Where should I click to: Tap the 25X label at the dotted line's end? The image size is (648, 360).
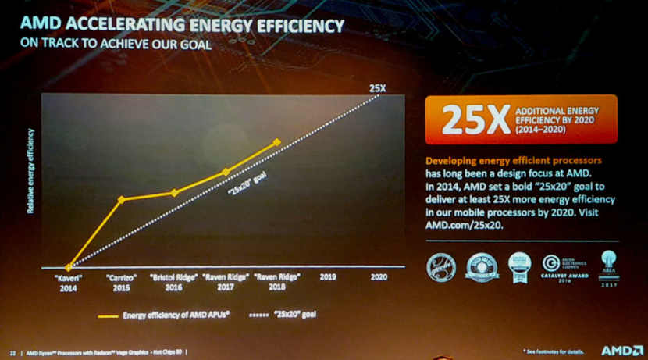(377, 87)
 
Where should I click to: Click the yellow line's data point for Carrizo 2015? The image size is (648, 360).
(121, 199)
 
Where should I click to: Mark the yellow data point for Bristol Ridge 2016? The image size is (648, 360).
(174, 192)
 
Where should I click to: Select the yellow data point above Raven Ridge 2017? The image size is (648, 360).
(226, 172)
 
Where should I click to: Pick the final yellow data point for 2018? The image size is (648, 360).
(276, 142)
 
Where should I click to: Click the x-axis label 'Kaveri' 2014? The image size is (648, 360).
(68, 281)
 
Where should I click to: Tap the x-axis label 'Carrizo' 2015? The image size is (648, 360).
(121, 281)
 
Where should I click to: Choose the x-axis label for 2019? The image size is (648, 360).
(327, 276)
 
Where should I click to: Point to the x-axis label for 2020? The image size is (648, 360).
(379, 276)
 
